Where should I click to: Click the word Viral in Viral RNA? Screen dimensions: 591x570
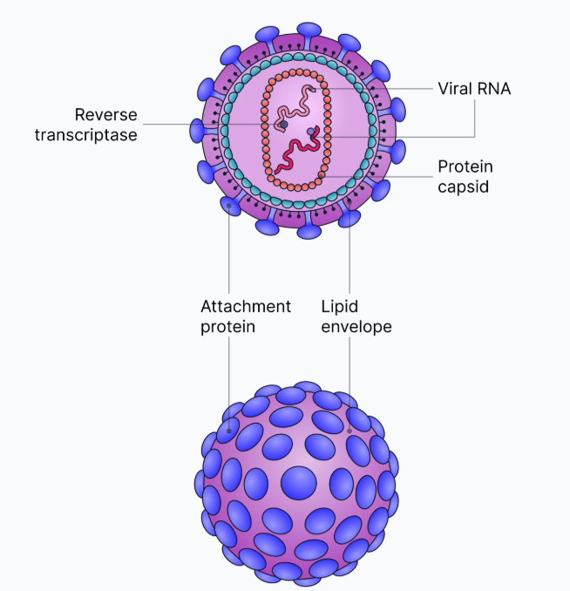(454, 89)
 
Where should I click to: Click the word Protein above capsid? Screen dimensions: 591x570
(464, 166)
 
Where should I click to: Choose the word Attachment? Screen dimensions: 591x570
(245, 307)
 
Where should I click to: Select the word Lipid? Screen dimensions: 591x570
(339, 307)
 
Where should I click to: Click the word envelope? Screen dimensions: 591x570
(356, 327)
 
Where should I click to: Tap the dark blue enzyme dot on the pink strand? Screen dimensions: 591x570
(284, 125)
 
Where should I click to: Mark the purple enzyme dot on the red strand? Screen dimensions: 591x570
(311, 132)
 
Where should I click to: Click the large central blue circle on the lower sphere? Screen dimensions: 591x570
(298, 482)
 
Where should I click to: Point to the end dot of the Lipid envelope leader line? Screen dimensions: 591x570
(349, 430)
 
